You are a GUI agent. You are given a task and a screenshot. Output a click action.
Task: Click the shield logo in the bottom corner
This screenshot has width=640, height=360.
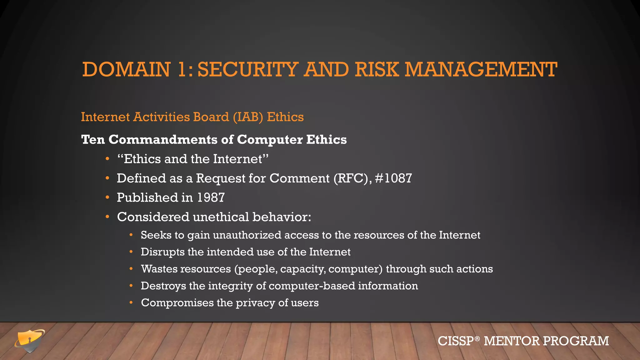(30, 341)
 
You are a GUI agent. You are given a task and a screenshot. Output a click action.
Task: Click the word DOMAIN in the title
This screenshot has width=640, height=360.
(126, 69)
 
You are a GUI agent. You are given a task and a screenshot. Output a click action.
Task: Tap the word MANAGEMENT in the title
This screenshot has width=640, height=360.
(481, 69)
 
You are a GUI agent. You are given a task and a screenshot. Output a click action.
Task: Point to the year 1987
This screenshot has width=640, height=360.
(211, 197)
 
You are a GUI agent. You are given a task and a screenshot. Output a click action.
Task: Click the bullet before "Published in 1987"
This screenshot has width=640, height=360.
(107, 197)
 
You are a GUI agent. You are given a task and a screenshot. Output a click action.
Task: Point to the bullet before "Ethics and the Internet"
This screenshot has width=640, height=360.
(107, 159)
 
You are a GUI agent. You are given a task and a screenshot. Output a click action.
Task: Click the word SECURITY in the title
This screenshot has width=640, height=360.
(248, 69)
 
